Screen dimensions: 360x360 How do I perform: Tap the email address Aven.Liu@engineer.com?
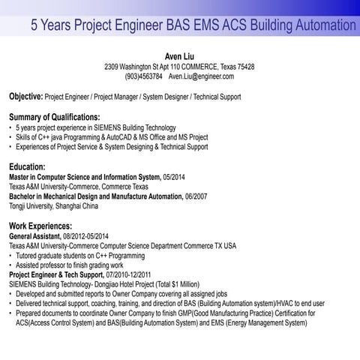201,76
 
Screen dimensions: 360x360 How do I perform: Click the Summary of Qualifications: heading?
54,117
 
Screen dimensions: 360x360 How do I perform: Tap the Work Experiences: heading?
40,225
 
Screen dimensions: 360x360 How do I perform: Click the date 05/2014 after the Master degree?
177,175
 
